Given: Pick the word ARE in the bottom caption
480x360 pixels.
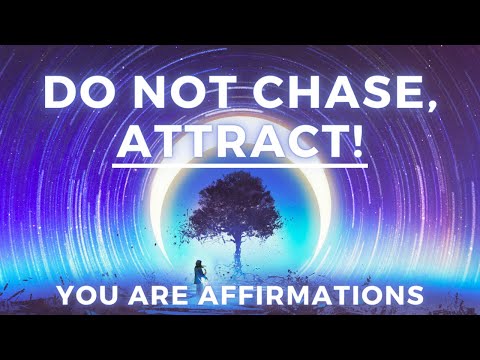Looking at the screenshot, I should (x=157, y=297).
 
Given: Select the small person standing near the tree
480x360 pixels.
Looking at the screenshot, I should (x=195, y=267).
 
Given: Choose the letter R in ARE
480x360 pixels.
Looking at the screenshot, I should (x=157, y=297).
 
